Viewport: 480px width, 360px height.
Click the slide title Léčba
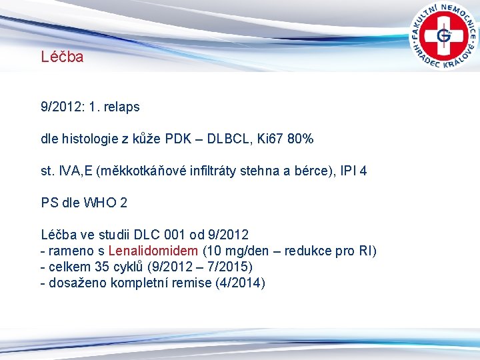click(62, 57)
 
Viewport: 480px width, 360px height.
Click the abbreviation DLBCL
click(230, 139)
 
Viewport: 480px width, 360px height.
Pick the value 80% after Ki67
click(299, 139)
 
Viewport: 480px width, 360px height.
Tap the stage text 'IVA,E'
click(75, 171)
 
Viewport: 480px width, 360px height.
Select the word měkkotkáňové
click(141, 171)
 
